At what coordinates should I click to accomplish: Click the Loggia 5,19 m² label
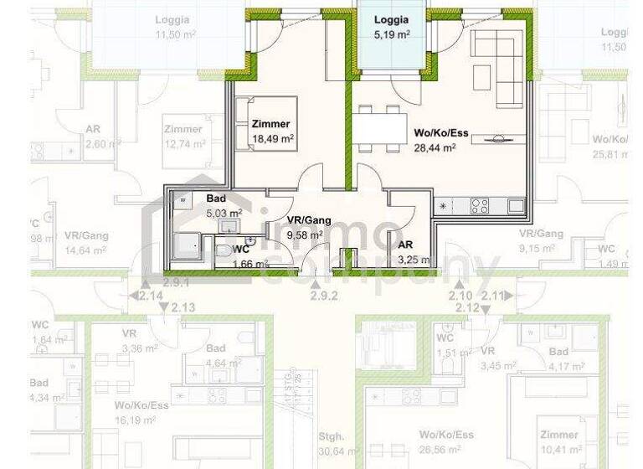point(391,27)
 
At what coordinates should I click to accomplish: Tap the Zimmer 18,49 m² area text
point(272,131)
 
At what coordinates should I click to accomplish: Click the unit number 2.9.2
point(323,295)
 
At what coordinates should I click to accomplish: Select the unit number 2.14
point(151,295)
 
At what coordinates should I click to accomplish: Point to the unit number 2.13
point(183,308)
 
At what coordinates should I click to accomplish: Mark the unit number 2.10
point(460,295)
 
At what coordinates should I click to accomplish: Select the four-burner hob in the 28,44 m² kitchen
point(479,206)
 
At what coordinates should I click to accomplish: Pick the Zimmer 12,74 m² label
point(184,137)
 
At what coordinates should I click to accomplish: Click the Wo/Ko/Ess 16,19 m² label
point(141,412)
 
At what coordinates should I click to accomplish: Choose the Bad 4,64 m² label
point(221,356)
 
